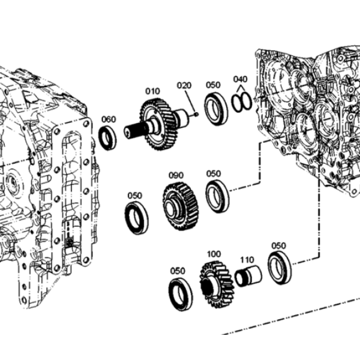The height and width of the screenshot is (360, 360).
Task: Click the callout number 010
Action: (x=152, y=91)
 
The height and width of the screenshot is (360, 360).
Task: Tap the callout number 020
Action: (x=184, y=85)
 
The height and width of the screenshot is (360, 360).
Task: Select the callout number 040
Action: (x=240, y=79)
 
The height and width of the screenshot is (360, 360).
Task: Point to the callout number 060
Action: (x=109, y=119)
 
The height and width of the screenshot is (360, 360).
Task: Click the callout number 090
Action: (x=176, y=175)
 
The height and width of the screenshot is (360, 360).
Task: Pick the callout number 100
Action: (x=214, y=254)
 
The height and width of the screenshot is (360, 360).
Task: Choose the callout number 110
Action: (x=247, y=260)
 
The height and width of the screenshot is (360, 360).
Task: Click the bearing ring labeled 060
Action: (x=107, y=138)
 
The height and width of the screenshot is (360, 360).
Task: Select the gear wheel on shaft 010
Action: (x=158, y=124)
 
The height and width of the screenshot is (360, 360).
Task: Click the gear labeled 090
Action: (x=181, y=206)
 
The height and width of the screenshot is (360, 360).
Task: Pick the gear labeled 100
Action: (x=217, y=285)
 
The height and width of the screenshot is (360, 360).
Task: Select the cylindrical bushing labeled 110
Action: (x=248, y=276)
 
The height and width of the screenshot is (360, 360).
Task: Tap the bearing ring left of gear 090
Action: (x=137, y=218)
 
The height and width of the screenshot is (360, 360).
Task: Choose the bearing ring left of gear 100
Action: (x=181, y=295)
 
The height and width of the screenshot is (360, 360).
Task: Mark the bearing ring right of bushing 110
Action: (x=280, y=268)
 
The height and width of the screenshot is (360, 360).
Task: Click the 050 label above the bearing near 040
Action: (x=213, y=85)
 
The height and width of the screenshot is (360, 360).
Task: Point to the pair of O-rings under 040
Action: (x=242, y=103)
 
